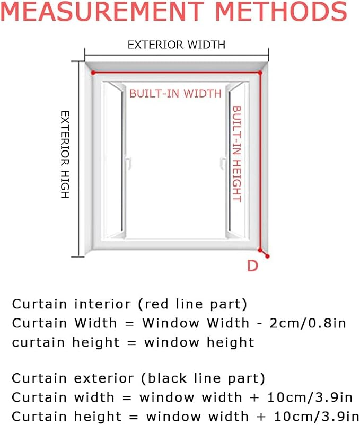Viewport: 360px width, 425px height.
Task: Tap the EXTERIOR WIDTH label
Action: (177, 45)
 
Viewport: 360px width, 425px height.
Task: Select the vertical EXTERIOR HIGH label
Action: (65, 154)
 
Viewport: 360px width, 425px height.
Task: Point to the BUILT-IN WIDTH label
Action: (175, 93)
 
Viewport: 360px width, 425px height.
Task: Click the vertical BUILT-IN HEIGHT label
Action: (236, 154)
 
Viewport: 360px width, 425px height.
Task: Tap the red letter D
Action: (252, 265)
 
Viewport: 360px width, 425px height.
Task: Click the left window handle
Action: (128, 162)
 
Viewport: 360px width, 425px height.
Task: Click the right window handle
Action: (223, 162)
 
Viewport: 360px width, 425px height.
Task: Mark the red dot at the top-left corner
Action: (93, 73)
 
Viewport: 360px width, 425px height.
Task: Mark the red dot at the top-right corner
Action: (260, 73)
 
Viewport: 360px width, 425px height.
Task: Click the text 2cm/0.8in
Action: (308, 323)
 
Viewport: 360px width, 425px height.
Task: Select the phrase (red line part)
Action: (192, 304)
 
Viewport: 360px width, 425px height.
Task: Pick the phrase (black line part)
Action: (203, 378)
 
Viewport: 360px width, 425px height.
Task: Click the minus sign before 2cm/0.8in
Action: (259, 324)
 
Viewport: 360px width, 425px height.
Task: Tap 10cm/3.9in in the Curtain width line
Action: (310, 397)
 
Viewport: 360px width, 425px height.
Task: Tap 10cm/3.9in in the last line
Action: (317, 417)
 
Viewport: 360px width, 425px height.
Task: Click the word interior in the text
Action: (102, 304)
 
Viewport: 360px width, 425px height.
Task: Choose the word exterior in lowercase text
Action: (103, 378)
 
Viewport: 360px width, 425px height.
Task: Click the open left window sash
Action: (114, 160)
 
